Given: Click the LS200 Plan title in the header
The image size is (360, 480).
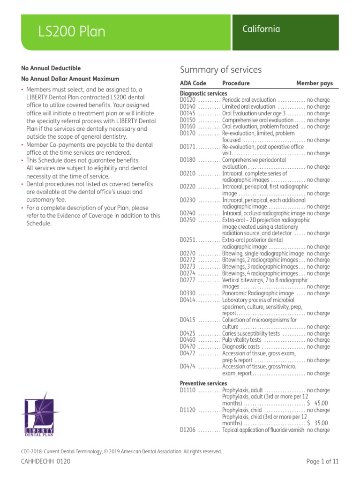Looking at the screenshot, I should click(x=72, y=32).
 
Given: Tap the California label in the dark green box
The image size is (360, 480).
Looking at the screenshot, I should click(x=261, y=29).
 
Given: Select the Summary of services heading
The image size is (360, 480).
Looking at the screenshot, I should click(x=221, y=70).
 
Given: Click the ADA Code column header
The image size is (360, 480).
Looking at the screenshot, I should click(x=193, y=83).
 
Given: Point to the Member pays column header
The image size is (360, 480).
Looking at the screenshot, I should click(x=314, y=83).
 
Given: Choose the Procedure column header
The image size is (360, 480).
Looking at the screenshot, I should click(x=236, y=83).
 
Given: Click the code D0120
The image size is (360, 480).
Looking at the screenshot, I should click(x=187, y=100).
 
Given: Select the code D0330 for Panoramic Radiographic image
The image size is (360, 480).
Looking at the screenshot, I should click(x=187, y=293).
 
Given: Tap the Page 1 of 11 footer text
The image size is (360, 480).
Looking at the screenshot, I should click(x=322, y=462).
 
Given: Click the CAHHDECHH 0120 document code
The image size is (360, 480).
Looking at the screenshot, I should click(x=46, y=462).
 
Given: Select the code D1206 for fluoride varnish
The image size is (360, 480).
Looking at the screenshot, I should click(x=187, y=430).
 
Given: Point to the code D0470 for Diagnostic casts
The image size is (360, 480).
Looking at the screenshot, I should click(x=187, y=347).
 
